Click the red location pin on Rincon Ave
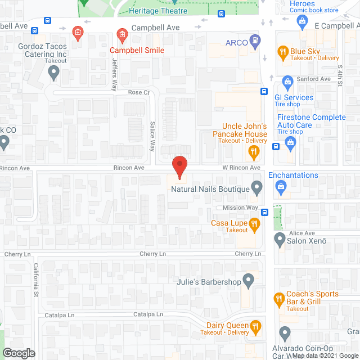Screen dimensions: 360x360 (179, 166)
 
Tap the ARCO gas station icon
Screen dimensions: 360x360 (256, 40)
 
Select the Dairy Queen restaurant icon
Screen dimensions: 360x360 (255, 326)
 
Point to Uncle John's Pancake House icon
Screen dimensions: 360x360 (254, 151)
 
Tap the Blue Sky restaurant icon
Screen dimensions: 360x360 (282, 53)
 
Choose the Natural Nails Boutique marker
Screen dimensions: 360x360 (257, 187)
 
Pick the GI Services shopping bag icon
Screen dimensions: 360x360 (287, 83)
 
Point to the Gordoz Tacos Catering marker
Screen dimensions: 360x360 (54, 71)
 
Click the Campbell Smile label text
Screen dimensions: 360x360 (137, 50)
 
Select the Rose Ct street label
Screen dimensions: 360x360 (138, 92)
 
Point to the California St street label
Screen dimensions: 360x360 (35, 280)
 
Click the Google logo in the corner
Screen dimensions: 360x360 (18, 353)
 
